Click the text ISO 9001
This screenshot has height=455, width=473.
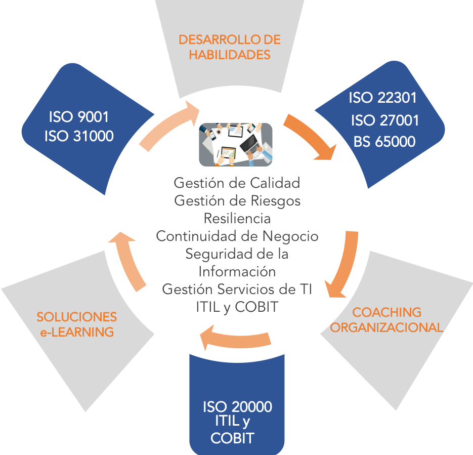pyautogui.click(x=78, y=117)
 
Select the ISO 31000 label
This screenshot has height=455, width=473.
pyautogui.click(x=78, y=136)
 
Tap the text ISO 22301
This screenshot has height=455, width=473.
pyautogui.click(x=382, y=98)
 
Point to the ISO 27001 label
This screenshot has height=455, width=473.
pyautogui.click(x=385, y=120)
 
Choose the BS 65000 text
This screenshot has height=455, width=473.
pyautogui.click(x=384, y=142)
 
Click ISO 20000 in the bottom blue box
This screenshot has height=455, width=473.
pyautogui.click(x=237, y=407)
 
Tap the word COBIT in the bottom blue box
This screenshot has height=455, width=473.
pyautogui.click(x=232, y=438)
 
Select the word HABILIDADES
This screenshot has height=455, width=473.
pyautogui.click(x=230, y=55)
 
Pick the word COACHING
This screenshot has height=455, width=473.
pyautogui.click(x=386, y=312)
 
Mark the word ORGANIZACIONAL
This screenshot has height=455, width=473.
pyautogui.click(x=386, y=327)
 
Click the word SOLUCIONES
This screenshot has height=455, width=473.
pyautogui.click(x=76, y=317)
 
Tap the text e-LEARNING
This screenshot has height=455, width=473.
pyautogui.click(x=76, y=332)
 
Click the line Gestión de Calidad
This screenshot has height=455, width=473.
pyautogui.click(x=237, y=182)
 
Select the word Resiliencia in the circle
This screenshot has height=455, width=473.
pyautogui.click(x=237, y=218)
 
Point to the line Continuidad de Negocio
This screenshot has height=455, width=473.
pyautogui.click(x=237, y=236)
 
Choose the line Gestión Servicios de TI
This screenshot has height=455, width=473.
pyautogui.click(x=237, y=289)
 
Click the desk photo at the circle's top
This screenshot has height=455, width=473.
pyautogui.click(x=235, y=145)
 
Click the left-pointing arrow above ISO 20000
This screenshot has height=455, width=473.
pyautogui.click(x=235, y=337)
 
